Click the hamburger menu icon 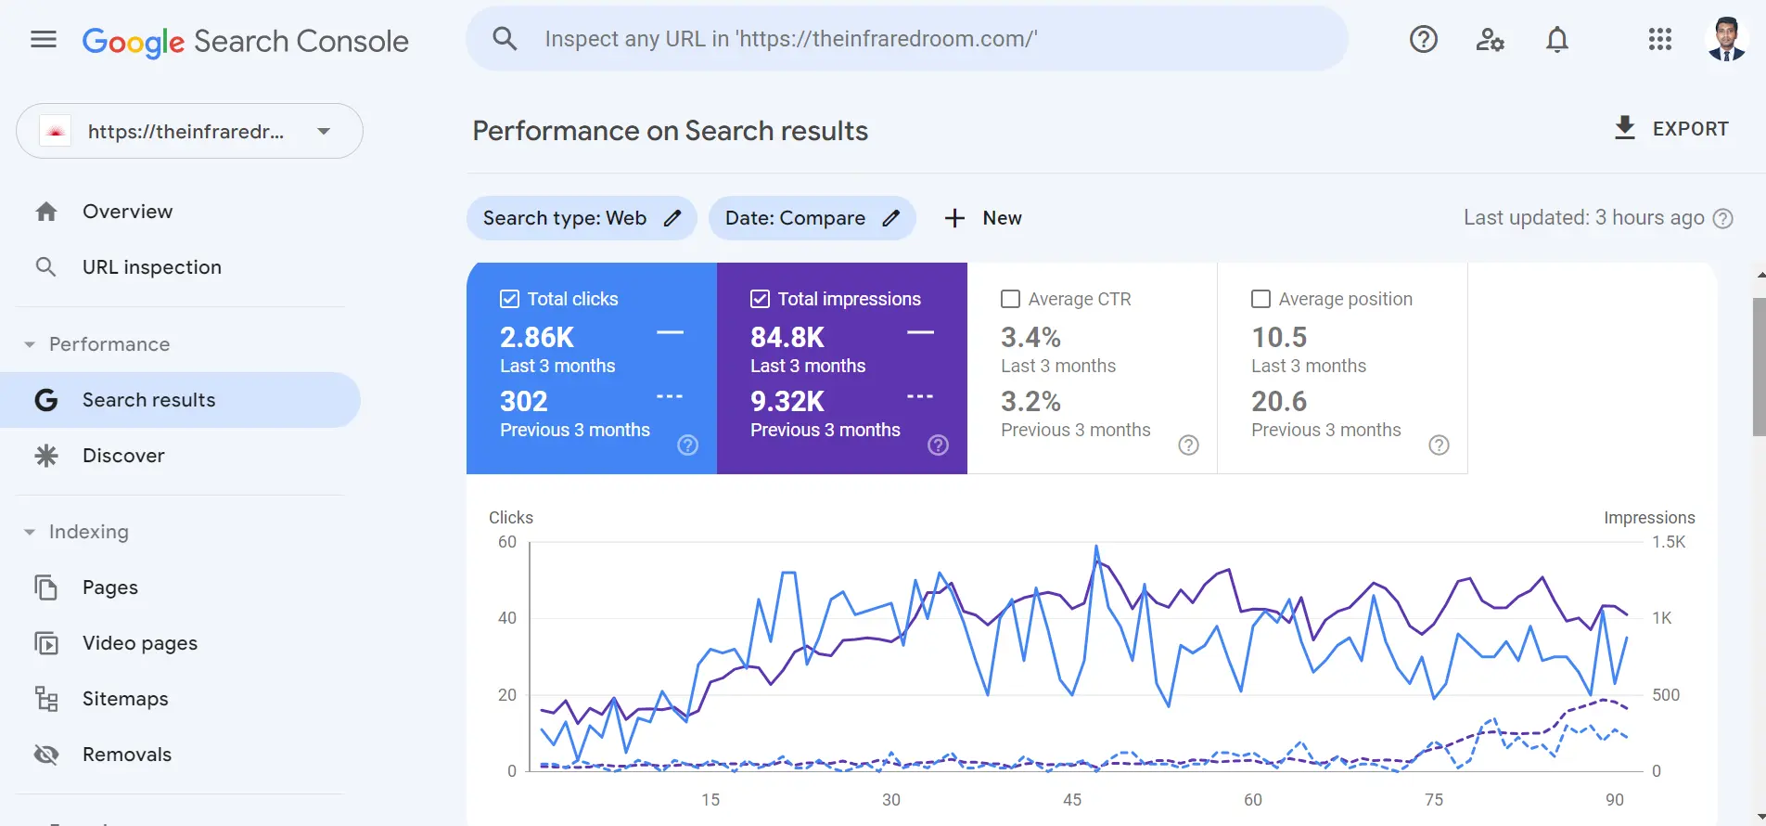tap(44, 40)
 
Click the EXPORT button tap(1671, 129)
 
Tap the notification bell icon tap(1557, 40)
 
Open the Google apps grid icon tap(1659, 40)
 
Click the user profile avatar tap(1726, 40)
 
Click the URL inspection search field tap(906, 39)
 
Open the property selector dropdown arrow tap(324, 132)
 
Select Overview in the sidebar tap(127, 212)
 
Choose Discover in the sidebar tap(123, 456)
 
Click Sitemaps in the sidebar tap(125, 699)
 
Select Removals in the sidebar tap(127, 755)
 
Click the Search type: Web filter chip tap(581, 218)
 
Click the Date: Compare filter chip tap(812, 218)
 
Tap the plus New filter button tap(983, 218)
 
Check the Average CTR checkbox tap(1011, 299)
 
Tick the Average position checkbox tap(1261, 299)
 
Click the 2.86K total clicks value tap(537, 337)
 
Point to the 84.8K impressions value tap(787, 337)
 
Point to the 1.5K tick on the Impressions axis tap(1668, 542)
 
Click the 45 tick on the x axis tap(1072, 800)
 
